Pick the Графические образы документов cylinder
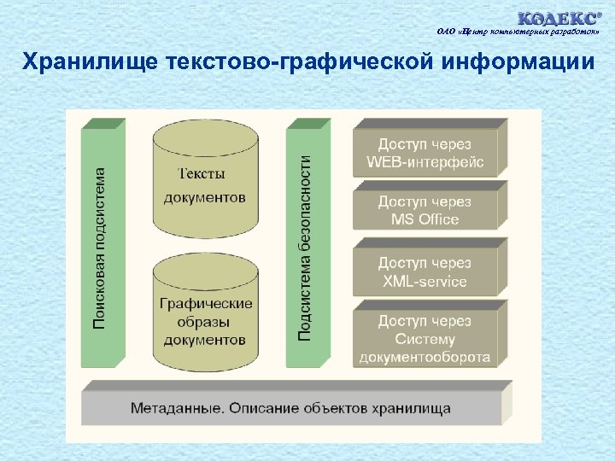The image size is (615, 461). pos(205,320)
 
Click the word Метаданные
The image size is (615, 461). pos(176,408)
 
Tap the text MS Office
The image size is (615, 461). pos(425,219)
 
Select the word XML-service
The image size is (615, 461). pos(425,281)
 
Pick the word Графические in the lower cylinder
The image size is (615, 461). pos(205,303)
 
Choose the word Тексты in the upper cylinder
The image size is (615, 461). pos(202,173)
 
